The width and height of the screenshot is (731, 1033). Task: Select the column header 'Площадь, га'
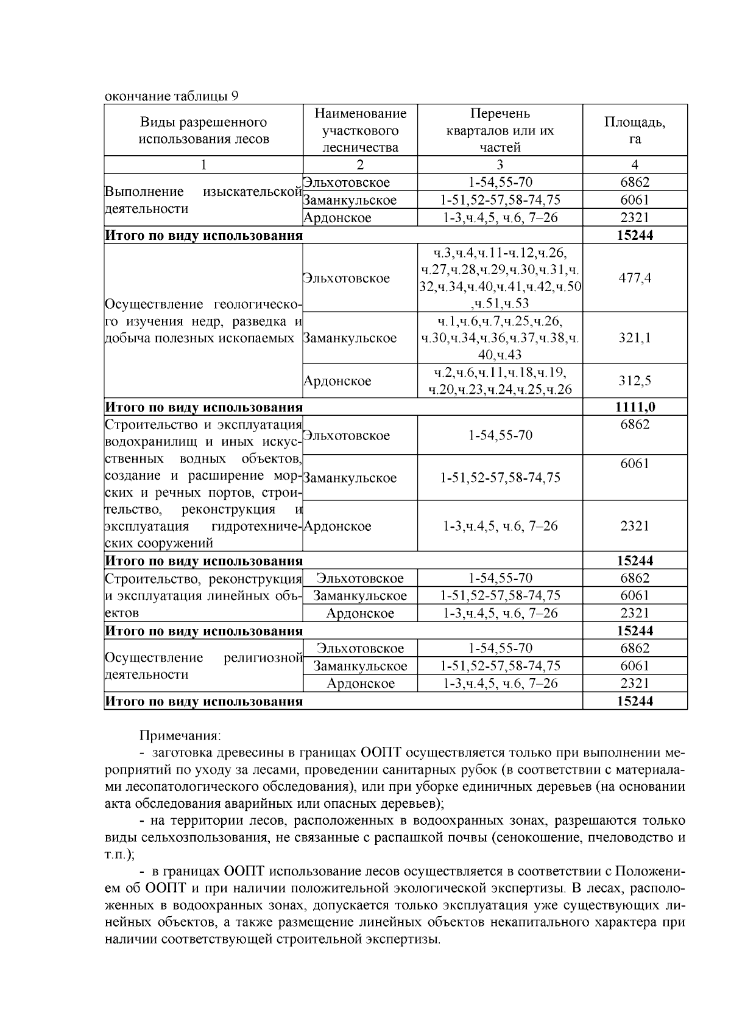[634, 130]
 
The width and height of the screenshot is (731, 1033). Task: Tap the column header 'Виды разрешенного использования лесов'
[203, 130]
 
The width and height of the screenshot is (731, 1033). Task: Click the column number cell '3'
[500, 164]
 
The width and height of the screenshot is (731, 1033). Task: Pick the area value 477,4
[634, 278]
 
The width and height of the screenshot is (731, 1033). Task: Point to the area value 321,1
[634, 338]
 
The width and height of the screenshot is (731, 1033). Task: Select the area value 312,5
[634, 381]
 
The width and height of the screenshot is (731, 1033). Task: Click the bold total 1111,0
[634, 407]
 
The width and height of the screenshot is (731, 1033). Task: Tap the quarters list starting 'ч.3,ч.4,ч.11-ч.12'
[500, 278]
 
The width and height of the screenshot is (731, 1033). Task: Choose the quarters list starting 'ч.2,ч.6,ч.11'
[500, 381]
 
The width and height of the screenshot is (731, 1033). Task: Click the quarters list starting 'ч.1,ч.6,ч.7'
[500, 338]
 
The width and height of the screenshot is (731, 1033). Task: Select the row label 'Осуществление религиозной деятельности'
[203, 666]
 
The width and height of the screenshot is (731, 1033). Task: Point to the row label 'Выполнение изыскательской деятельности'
[203, 200]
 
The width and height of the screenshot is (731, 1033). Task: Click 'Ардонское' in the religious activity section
[360, 684]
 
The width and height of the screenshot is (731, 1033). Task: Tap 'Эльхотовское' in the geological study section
[346, 278]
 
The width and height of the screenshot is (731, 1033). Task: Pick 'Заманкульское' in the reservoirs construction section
[350, 478]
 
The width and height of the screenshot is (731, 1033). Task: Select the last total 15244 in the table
[634, 701]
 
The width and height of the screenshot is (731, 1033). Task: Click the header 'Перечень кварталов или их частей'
[500, 130]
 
